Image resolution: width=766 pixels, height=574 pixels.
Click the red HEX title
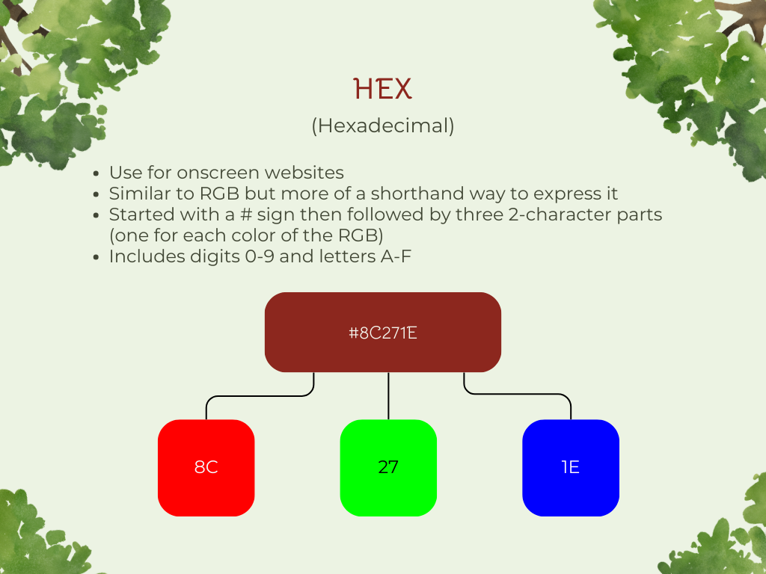pyautogui.click(x=383, y=90)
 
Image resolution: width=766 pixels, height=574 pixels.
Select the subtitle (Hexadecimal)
pyautogui.click(x=383, y=126)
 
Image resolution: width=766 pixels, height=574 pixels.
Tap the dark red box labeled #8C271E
pyautogui.click(x=383, y=332)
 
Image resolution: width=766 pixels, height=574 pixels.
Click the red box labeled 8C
pyautogui.click(x=206, y=468)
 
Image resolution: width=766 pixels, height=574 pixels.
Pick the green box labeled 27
pyautogui.click(x=388, y=468)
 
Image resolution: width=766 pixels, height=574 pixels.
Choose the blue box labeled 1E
pyautogui.click(x=571, y=468)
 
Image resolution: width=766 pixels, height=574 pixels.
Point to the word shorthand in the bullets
pyautogui.click(x=411, y=194)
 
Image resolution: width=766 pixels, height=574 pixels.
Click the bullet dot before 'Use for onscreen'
pyautogui.click(x=96, y=173)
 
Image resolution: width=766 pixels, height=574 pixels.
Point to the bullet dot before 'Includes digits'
pyautogui.click(x=96, y=257)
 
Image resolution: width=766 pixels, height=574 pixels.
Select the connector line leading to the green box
pyautogui.click(x=388, y=396)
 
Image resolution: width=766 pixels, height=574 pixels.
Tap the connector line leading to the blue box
pyautogui.click(x=518, y=394)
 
